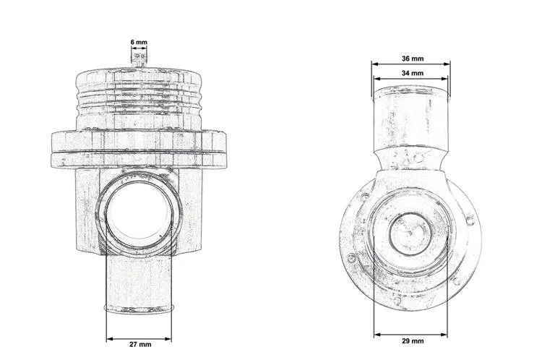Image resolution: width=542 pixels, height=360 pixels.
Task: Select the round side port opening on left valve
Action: pos(137,215)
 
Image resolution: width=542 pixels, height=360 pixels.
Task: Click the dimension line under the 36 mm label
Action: pos(410,64)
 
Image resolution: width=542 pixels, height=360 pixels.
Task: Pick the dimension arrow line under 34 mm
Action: pos(410,80)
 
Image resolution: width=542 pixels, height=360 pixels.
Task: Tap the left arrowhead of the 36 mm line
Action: pos(374,64)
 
